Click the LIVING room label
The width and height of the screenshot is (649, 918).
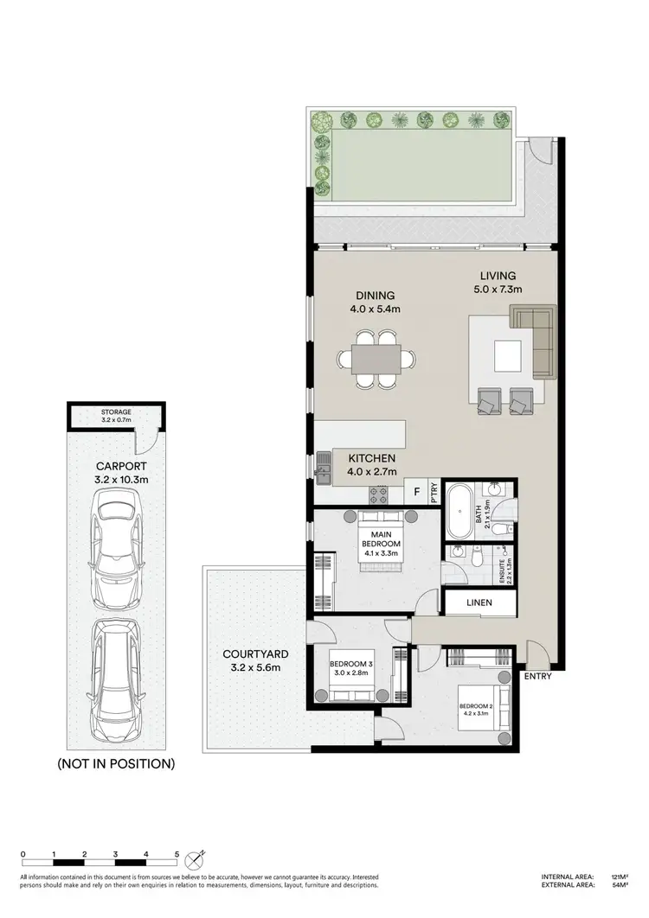click(500, 277)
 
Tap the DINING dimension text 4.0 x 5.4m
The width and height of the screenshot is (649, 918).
click(375, 309)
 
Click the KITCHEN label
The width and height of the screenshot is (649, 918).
click(372, 457)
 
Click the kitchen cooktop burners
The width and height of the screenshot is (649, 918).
click(379, 494)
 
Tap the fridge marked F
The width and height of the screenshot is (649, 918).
click(417, 493)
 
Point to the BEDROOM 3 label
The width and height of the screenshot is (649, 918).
click(351, 665)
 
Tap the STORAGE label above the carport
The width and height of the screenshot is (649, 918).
click(114, 412)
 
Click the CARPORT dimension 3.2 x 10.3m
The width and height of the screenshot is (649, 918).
click(115, 477)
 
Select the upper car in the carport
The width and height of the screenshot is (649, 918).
click(115, 550)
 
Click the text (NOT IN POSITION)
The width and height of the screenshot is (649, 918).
click(115, 763)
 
